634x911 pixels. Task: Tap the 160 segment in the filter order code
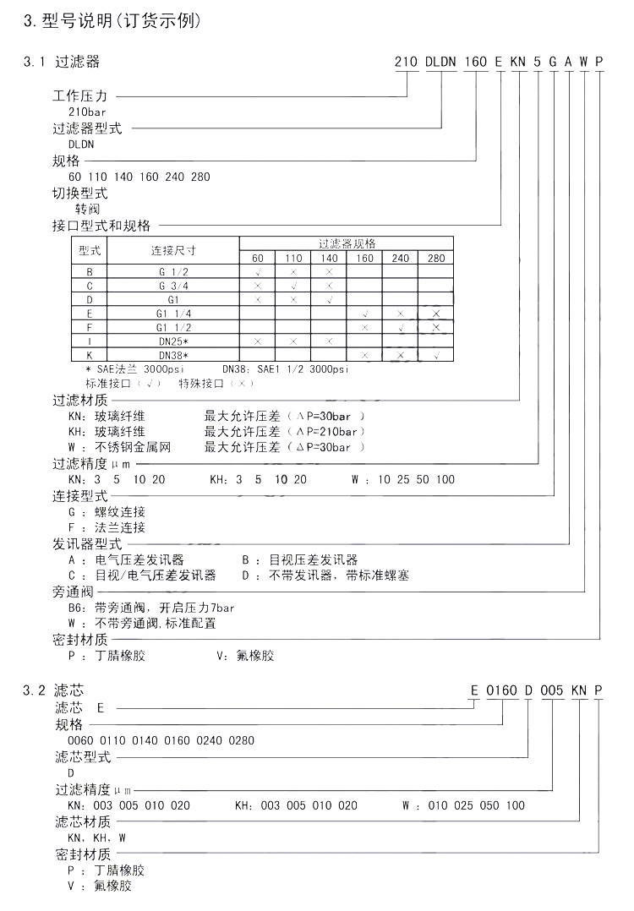click(x=477, y=62)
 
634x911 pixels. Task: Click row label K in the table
click(x=90, y=355)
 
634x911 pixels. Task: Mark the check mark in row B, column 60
click(x=258, y=272)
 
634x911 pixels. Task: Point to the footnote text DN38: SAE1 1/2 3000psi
click(x=285, y=369)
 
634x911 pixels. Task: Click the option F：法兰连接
click(x=106, y=527)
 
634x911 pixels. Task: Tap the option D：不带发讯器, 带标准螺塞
click(x=325, y=576)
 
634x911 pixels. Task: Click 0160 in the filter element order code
click(x=501, y=690)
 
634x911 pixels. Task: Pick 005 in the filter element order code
click(x=551, y=690)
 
